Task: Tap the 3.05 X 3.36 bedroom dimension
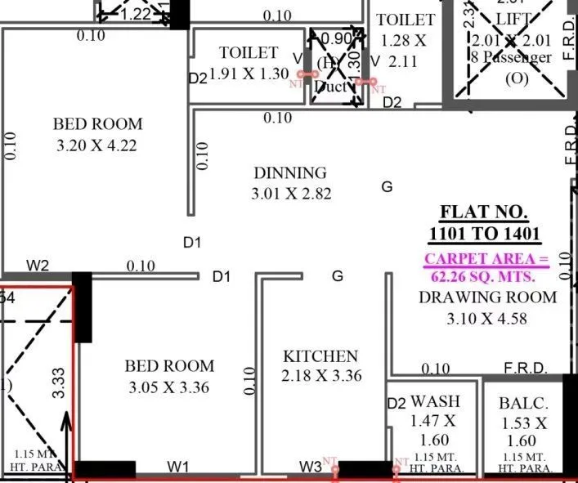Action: click(171, 387)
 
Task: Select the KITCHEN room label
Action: click(320, 356)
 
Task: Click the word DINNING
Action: click(289, 173)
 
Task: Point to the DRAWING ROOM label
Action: click(487, 297)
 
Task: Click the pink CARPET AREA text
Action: click(485, 259)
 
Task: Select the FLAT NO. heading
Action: click(485, 212)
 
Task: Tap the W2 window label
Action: click(38, 266)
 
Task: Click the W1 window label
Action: click(178, 467)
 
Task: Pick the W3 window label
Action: click(310, 467)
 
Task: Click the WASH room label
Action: click(435, 401)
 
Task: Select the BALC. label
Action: click(523, 404)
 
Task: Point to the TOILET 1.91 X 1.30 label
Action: click(249, 63)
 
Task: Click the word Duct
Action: click(330, 85)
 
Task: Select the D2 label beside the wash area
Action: click(397, 403)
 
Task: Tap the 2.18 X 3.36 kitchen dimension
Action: click(320, 376)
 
